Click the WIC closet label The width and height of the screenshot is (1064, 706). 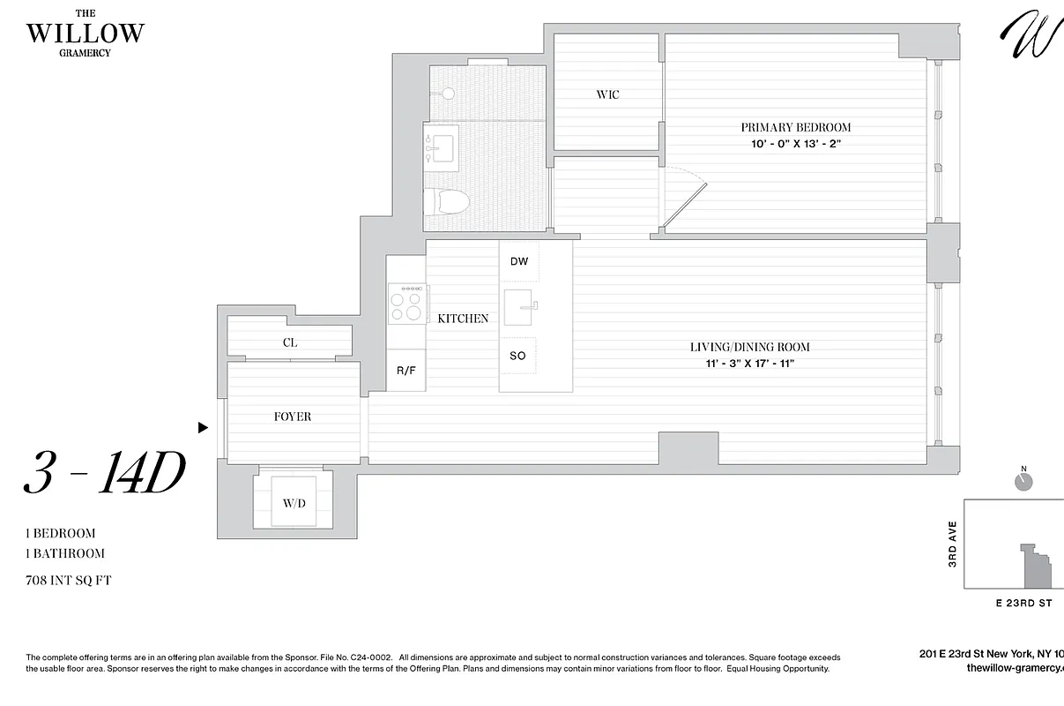point(607,94)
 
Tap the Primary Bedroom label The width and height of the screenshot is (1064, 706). point(795,127)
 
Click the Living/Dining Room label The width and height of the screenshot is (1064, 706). point(749,347)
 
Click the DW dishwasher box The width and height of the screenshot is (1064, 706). point(519,262)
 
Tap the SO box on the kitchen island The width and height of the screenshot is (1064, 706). point(518,356)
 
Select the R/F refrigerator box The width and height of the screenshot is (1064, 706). point(406,371)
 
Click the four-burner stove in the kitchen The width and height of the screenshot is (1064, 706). point(406,304)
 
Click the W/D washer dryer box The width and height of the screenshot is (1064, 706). point(294,503)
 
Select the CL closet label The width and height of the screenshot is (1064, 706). point(290,342)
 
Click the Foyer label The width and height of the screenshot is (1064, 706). point(292,417)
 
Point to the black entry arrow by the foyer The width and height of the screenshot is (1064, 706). point(203,428)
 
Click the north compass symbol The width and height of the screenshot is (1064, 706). point(1023,482)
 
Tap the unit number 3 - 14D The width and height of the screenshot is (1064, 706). point(104,475)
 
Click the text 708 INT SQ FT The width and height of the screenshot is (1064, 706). point(69,581)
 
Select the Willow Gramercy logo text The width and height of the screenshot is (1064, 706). point(85,33)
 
